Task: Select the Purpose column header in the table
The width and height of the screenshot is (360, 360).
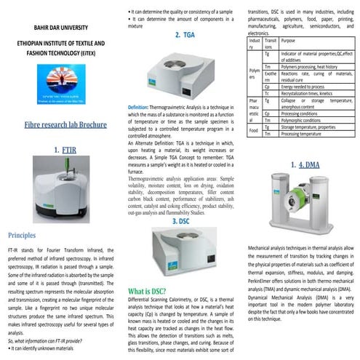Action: click(289, 41)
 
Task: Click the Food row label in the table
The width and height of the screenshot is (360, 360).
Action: click(254, 131)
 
